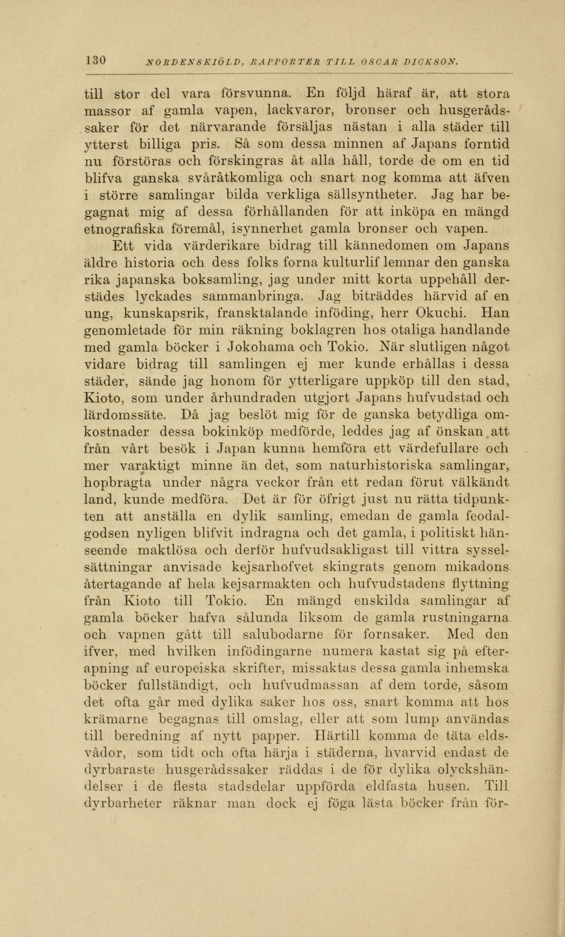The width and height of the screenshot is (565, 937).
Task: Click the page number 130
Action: [x=96, y=60]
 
